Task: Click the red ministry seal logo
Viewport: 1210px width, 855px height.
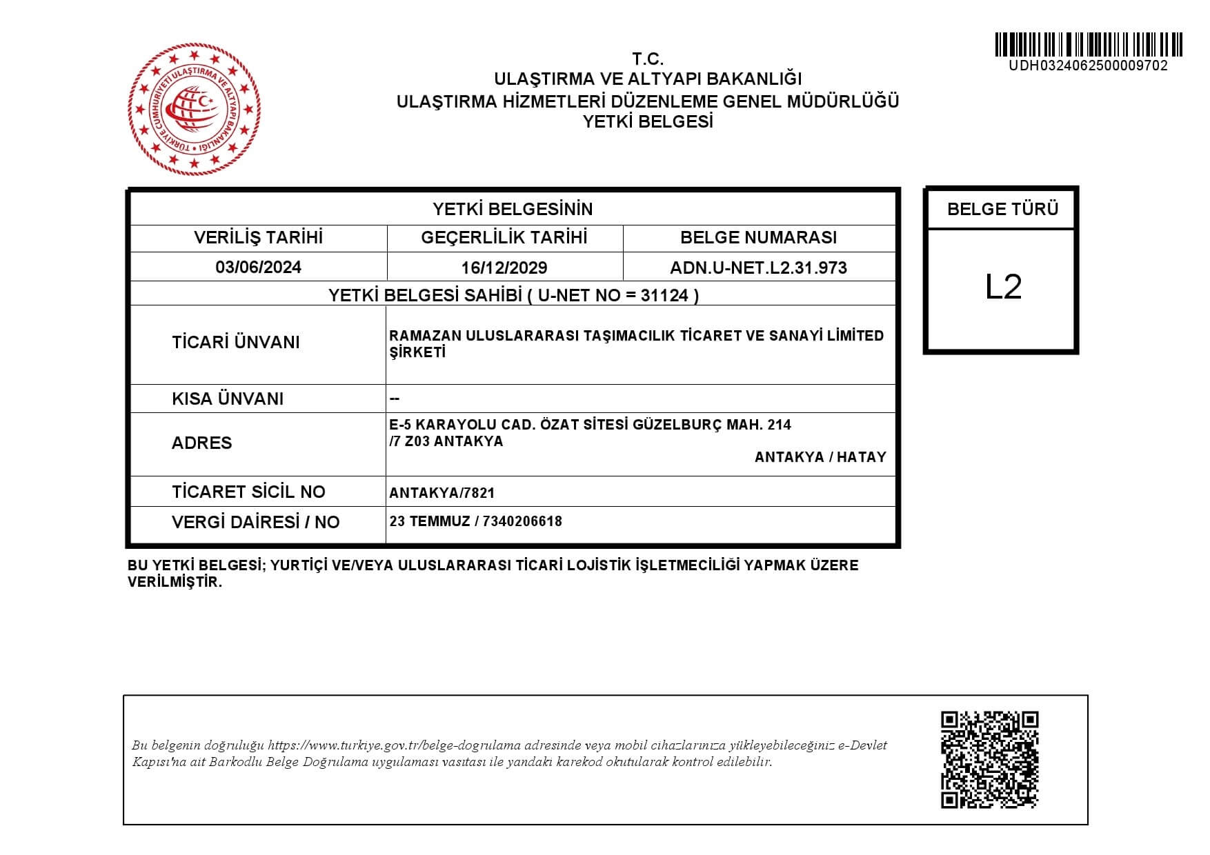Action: coord(195,108)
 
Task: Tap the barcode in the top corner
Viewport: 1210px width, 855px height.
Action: coord(1089,45)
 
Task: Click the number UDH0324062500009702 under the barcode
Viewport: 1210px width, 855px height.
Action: coord(1088,66)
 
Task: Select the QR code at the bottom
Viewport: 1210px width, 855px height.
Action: coord(989,759)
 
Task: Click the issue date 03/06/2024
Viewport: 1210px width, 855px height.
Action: coord(258,268)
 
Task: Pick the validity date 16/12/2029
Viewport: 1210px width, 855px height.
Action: coord(504,268)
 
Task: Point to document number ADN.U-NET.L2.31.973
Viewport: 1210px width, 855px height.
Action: coord(758,268)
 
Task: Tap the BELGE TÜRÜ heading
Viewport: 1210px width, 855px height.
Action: coord(1002,209)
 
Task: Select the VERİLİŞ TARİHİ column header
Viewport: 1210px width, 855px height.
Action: coord(258,238)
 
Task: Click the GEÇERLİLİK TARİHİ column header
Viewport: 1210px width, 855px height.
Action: coord(504,238)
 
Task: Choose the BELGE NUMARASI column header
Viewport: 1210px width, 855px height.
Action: coord(758,238)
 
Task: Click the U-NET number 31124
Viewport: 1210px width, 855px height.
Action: coord(664,296)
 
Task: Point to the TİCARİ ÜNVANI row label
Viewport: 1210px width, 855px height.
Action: coord(236,343)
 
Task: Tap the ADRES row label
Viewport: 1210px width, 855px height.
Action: coord(201,443)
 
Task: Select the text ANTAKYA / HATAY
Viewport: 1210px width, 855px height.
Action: coord(820,457)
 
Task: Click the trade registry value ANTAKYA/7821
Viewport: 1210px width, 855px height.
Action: coord(442,493)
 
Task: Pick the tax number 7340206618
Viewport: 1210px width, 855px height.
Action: coord(522,521)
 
